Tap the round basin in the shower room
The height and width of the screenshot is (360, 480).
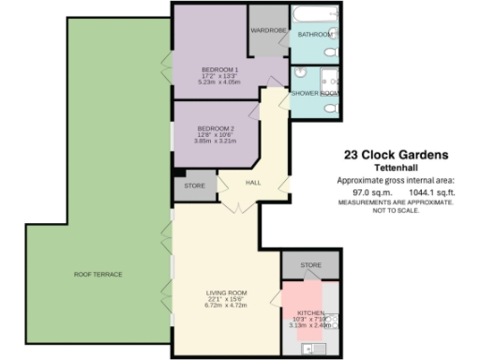(300, 72)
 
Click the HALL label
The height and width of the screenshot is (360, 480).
(253, 183)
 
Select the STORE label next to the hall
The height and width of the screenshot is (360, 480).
(194, 186)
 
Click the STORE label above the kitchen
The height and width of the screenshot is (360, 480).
(310, 266)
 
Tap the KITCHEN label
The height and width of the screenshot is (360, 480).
(310, 311)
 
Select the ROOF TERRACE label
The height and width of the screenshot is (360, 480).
(98, 274)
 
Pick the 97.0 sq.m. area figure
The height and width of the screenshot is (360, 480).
(357, 192)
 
